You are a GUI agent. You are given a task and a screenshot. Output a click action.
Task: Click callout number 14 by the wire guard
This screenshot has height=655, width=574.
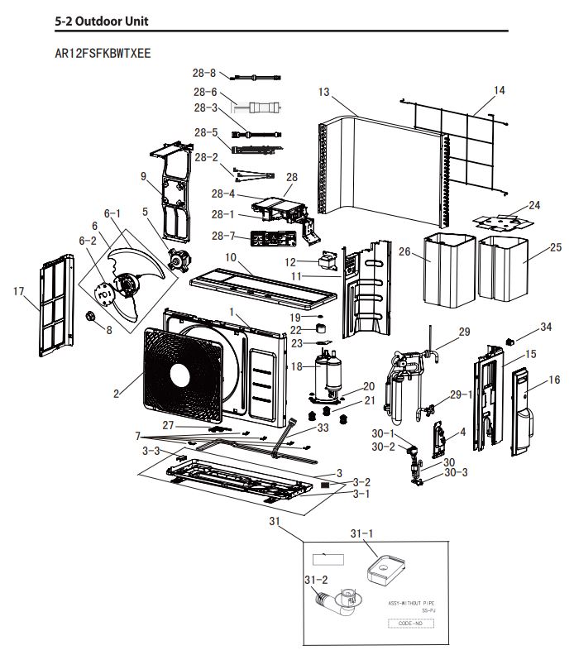[x=499, y=89]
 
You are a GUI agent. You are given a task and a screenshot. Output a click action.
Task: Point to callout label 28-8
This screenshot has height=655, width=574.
[x=204, y=74]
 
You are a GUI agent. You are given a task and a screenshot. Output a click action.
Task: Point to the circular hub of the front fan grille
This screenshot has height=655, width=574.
[x=182, y=374]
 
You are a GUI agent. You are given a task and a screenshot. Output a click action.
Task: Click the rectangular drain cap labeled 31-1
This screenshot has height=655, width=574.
[x=384, y=570]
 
